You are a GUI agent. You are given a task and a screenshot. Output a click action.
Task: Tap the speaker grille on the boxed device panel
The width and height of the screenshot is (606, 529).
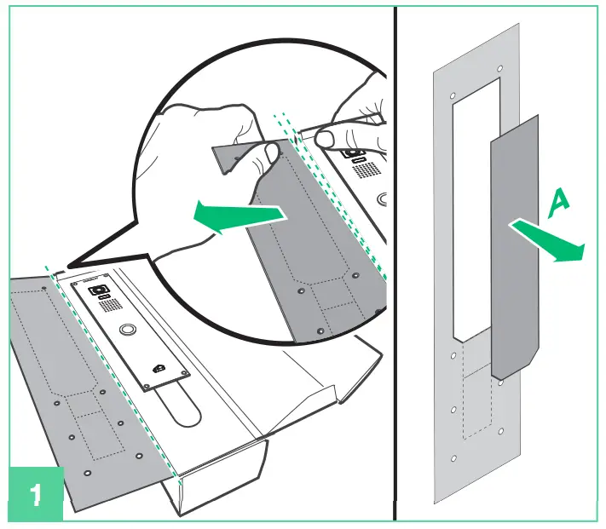(107, 305)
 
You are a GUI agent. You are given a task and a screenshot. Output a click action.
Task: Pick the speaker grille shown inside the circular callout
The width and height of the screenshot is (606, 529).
(366, 170)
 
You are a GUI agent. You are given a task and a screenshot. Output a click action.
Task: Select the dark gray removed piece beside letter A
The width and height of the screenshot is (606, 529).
(515, 247)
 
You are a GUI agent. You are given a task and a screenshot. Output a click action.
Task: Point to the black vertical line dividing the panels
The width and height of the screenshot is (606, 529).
(395, 264)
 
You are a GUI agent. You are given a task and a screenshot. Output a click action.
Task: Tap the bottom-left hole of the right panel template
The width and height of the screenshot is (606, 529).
(453, 459)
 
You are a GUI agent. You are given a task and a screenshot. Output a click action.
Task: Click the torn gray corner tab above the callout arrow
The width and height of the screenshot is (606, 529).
(231, 156)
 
